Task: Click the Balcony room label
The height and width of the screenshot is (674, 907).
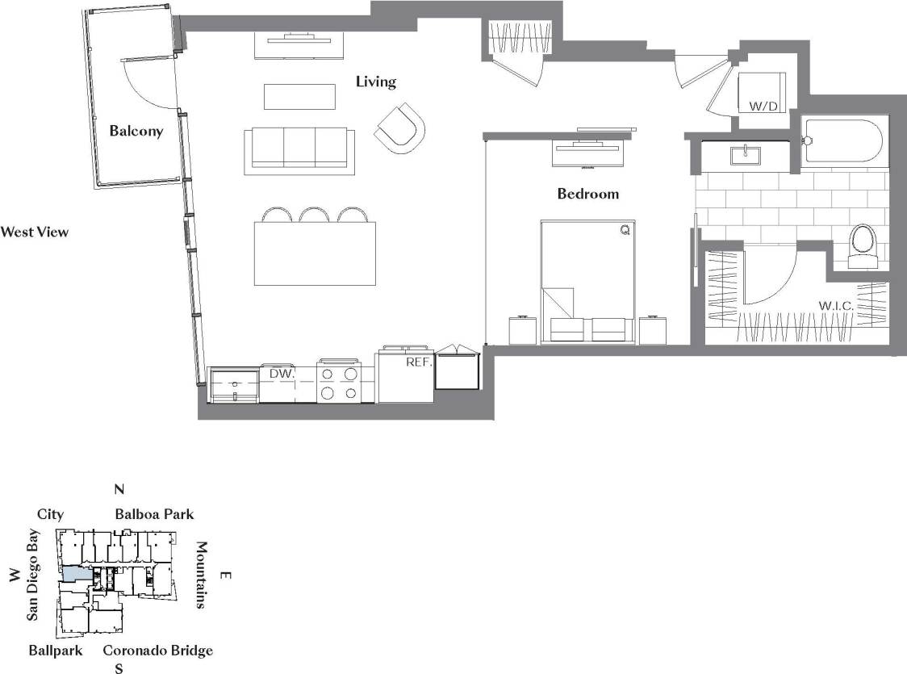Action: pos(136,131)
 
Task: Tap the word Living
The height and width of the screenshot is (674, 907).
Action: pos(376,82)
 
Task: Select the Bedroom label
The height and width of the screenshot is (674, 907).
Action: pos(588,194)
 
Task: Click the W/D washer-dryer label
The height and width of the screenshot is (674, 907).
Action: pos(763,106)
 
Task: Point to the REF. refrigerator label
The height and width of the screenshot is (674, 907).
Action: pos(419,362)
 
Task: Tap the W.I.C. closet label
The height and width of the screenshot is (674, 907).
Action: pos(836,306)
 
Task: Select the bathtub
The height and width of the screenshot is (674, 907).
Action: pos(844,143)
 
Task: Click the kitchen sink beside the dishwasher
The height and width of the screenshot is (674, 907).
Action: pos(233,385)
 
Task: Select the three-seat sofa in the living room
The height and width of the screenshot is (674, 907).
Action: pos(299,150)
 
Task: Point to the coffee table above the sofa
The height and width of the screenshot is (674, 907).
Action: pos(299,98)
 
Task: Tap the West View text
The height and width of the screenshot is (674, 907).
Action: pos(35,232)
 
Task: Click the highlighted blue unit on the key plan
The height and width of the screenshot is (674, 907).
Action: pos(76,572)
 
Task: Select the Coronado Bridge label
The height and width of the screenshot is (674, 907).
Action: pos(157,651)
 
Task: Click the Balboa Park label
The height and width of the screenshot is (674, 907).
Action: pos(154,514)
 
